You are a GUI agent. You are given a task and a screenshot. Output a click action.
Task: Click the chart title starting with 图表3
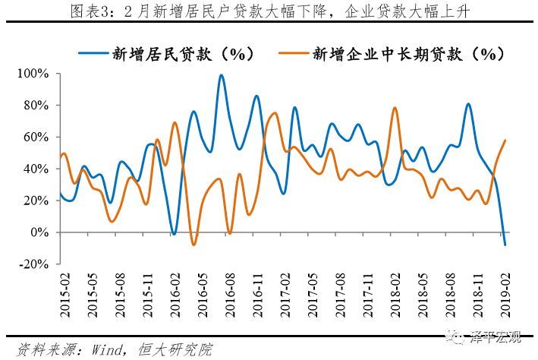[269, 12]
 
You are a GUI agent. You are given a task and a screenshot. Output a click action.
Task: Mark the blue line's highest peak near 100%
[221, 75]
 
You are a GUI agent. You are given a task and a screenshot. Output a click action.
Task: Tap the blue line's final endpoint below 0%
[505, 245]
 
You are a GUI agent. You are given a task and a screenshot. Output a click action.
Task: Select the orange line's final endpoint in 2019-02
[505, 141]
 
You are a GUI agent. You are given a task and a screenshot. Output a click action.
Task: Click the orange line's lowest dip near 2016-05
[193, 244]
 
